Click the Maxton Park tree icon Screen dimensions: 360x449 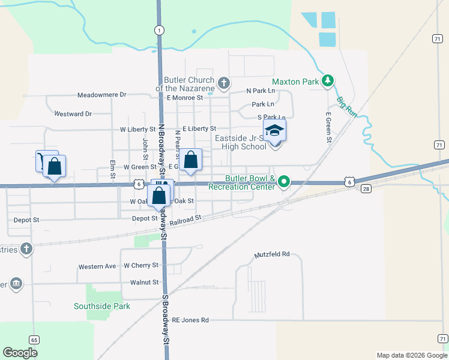click(327, 81)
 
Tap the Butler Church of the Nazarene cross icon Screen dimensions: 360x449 click(224, 83)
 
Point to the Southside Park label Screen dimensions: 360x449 click(102, 306)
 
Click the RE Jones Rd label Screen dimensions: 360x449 click(190, 320)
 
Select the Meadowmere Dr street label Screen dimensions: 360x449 click(102, 95)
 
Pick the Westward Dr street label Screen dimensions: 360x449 click(73, 113)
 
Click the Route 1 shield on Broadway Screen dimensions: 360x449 click(158, 29)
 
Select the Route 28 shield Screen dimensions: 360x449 click(367, 189)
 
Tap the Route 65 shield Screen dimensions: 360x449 click(34, 340)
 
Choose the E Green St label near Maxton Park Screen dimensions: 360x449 click(329, 127)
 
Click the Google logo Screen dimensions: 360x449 click(20, 352)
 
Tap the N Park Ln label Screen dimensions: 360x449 click(261, 91)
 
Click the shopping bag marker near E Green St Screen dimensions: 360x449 click(191, 160)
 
